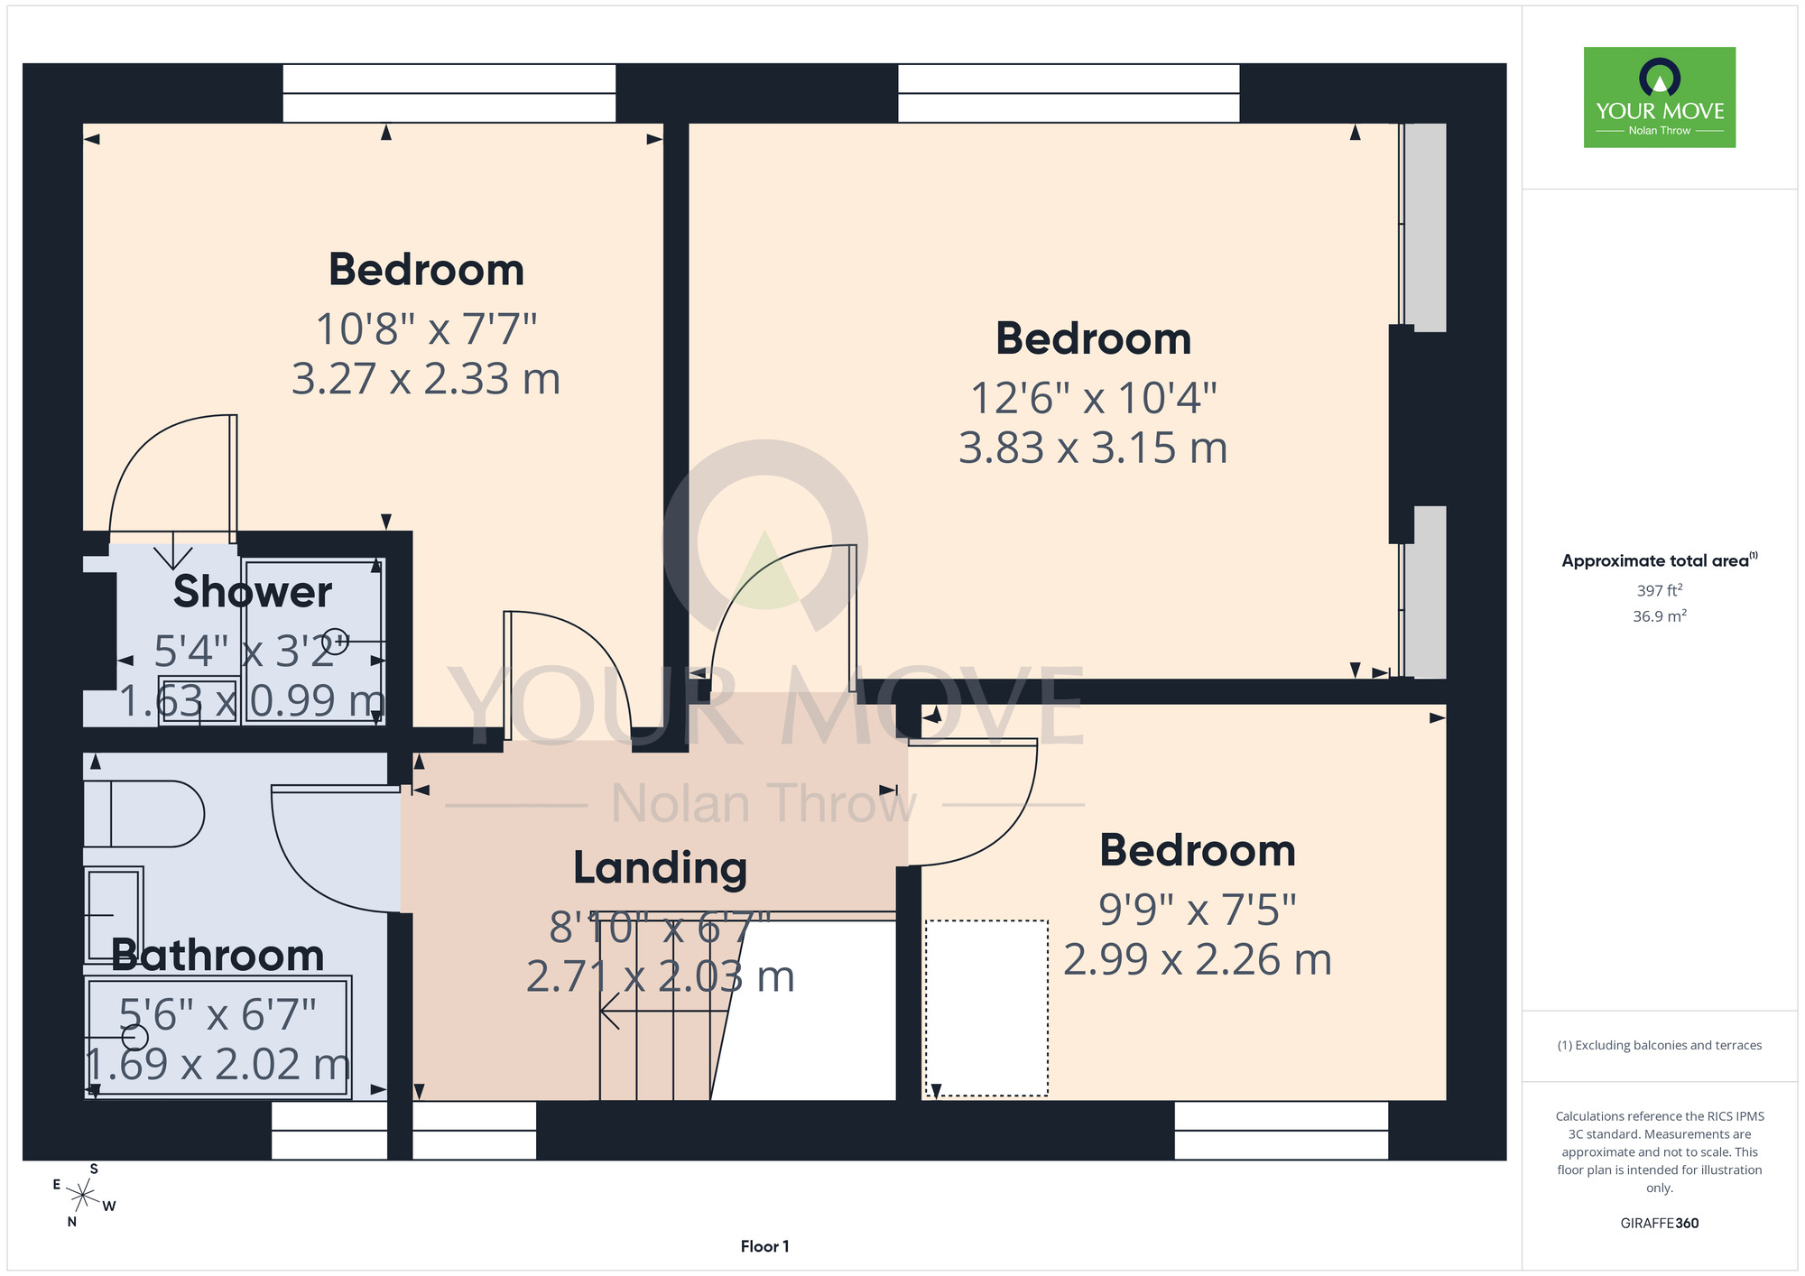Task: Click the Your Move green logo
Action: point(1659,97)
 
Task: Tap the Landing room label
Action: point(661,869)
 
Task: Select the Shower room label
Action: point(253,592)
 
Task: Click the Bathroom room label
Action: point(218,956)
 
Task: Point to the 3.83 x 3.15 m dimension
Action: point(1093,448)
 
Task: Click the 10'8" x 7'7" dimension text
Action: point(426,329)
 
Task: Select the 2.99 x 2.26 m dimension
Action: point(1198,960)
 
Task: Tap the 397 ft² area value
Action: point(1660,590)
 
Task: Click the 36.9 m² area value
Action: point(1660,616)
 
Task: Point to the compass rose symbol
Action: point(83,1197)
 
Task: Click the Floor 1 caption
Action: point(764,1246)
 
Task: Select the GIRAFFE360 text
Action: point(1659,1224)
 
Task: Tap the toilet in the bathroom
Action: point(144,814)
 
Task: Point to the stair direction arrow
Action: point(664,1012)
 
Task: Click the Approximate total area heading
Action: point(1660,560)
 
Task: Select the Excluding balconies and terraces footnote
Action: point(1659,1046)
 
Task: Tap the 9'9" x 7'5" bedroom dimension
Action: point(1198,911)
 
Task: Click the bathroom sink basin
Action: point(114,914)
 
